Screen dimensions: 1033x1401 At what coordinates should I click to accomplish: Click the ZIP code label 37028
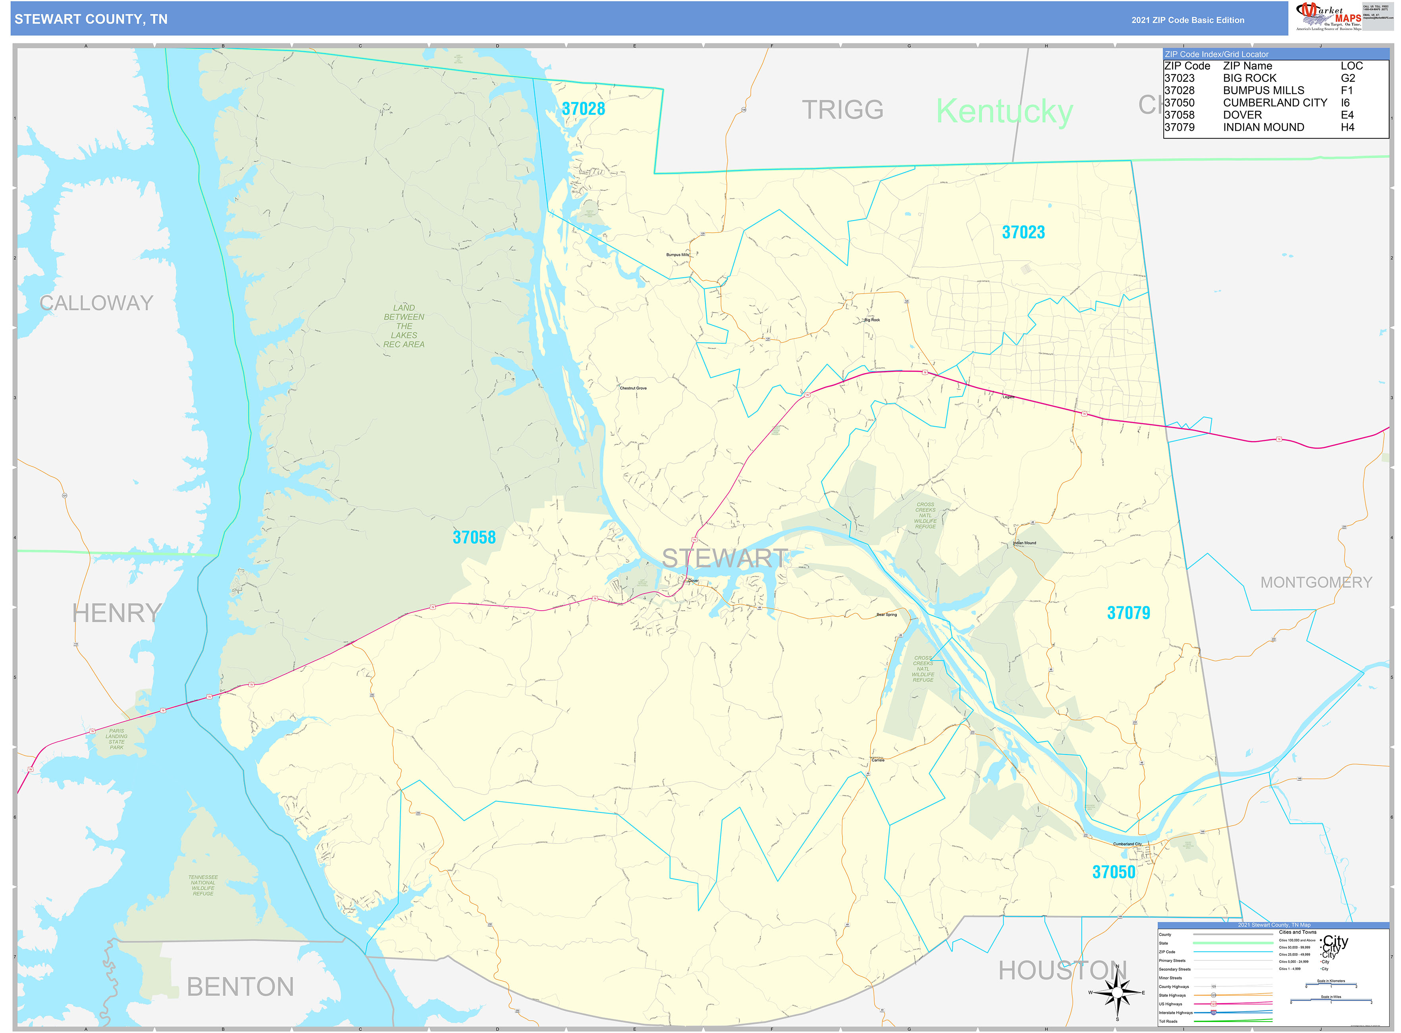click(583, 109)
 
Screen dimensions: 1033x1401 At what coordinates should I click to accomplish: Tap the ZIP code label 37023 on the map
click(1023, 232)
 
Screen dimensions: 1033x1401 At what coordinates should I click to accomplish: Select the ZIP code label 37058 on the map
click(474, 537)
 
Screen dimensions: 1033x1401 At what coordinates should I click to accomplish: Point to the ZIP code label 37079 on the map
click(1128, 613)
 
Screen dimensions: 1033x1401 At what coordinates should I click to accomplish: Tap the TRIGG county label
click(842, 110)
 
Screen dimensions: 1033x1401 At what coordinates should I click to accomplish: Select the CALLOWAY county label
click(96, 303)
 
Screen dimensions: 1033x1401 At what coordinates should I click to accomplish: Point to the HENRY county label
click(117, 613)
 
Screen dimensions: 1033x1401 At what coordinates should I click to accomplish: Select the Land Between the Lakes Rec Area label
click(404, 326)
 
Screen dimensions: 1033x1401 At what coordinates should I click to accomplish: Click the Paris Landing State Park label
click(117, 739)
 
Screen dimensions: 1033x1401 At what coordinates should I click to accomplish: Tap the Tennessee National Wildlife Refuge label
click(203, 886)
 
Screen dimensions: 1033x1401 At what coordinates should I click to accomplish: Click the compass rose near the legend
click(1117, 992)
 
